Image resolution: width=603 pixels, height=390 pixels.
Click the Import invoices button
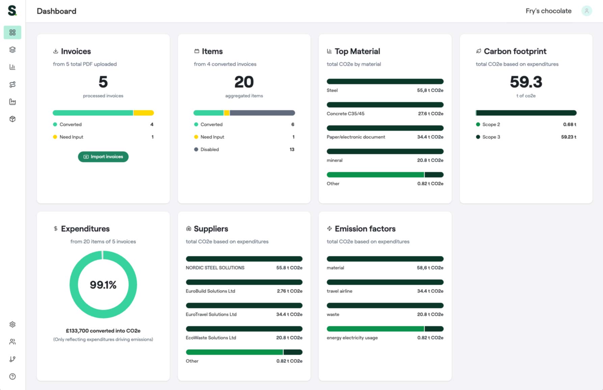pos(103,157)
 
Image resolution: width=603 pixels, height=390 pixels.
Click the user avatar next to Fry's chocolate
pos(586,11)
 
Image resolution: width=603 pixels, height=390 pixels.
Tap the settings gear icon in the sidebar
pos(12,324)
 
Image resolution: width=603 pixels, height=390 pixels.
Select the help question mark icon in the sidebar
pos(12,376)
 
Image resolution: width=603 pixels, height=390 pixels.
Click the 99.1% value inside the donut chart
pos(103,285)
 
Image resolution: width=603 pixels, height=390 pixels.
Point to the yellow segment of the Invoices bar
pos(144,113)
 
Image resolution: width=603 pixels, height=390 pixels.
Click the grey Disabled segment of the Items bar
pos(262,113)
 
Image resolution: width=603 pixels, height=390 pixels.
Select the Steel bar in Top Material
pos(385,81)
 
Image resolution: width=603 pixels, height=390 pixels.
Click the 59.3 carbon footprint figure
pos(526,82)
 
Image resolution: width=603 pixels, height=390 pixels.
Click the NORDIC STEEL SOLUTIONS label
pos(215,268)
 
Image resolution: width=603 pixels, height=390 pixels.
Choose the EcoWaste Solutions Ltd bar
pos(244,329)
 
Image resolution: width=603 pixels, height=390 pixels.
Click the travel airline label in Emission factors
pos(339,291)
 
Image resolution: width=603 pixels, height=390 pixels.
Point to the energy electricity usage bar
pos(385,329)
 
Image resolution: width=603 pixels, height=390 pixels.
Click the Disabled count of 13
pos(292,149)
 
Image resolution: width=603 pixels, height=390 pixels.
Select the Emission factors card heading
pos(365,229)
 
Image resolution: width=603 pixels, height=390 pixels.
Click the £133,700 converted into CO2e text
pos(103,331)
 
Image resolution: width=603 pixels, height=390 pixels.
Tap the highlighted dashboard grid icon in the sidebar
pos(12,32)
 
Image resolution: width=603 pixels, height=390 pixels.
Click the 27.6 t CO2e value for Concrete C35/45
pos(430,114)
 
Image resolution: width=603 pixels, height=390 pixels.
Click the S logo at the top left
pos(12,10)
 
